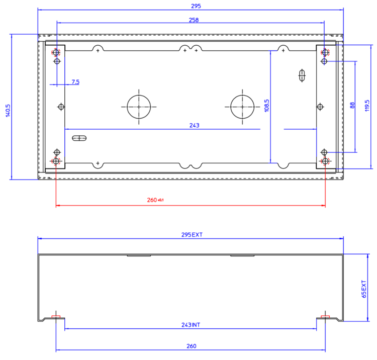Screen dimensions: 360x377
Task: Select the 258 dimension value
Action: (x=194, y=20)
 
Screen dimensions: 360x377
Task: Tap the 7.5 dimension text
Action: (x=75, y=81)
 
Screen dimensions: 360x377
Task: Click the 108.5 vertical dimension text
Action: (x=266, y=106)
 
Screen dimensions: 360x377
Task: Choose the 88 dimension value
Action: (x=352, y=106)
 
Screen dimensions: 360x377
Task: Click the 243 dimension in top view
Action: (x=194, y=126)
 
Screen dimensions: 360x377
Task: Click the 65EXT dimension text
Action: (x=364, y=290)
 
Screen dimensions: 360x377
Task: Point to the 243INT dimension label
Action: (x=191, y=325)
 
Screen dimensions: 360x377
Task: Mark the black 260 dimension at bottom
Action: (x=191, y=346)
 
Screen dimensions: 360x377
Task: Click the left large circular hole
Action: (x=139, y=107)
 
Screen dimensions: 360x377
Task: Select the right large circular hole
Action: (x=243, y=107)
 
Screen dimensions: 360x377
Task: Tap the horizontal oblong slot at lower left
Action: (x=79, y=137)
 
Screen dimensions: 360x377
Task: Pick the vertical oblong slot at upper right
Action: (x=302, y=75)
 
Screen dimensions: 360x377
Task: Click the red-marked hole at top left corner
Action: (x=56, y=52)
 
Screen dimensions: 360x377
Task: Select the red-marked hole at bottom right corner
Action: (x=325, y=161)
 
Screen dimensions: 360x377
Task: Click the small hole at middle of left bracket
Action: (x=61, y=107)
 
